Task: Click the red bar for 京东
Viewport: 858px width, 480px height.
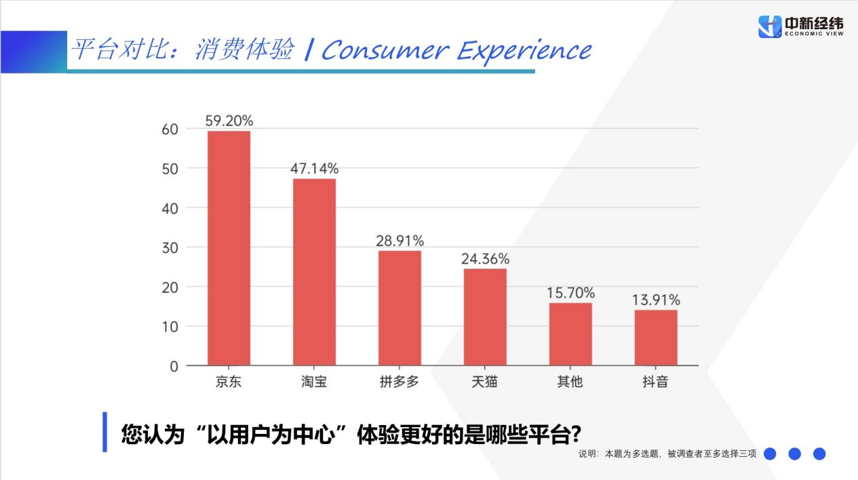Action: pos(229,248)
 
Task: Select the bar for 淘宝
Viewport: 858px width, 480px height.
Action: pos(314,272)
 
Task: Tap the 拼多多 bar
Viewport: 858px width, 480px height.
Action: pos(399,308)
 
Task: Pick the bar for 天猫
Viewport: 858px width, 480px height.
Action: pos(485,317)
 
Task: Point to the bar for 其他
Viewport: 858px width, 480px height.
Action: pos(570,334)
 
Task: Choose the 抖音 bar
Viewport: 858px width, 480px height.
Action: pos(656,338)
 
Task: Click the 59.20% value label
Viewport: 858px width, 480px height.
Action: pos(229,121)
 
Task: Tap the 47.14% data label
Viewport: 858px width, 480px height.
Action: pos(314,169)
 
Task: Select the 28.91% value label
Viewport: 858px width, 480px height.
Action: pos(400,241)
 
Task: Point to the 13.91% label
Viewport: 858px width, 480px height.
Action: pos(656,300)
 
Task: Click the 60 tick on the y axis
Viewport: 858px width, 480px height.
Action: pos(170,129)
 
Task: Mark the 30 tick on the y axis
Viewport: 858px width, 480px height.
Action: pos(170,247)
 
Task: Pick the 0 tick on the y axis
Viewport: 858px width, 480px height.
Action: pos(174,366)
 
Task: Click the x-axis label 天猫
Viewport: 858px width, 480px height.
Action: pos(485,382)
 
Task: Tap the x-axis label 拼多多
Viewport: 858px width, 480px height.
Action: pos(399,382)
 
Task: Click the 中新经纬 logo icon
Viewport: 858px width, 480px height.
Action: pos(770,26)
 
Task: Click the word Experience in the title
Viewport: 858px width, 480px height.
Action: pos(524,51)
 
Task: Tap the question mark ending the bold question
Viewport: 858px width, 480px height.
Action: pos(576,434)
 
